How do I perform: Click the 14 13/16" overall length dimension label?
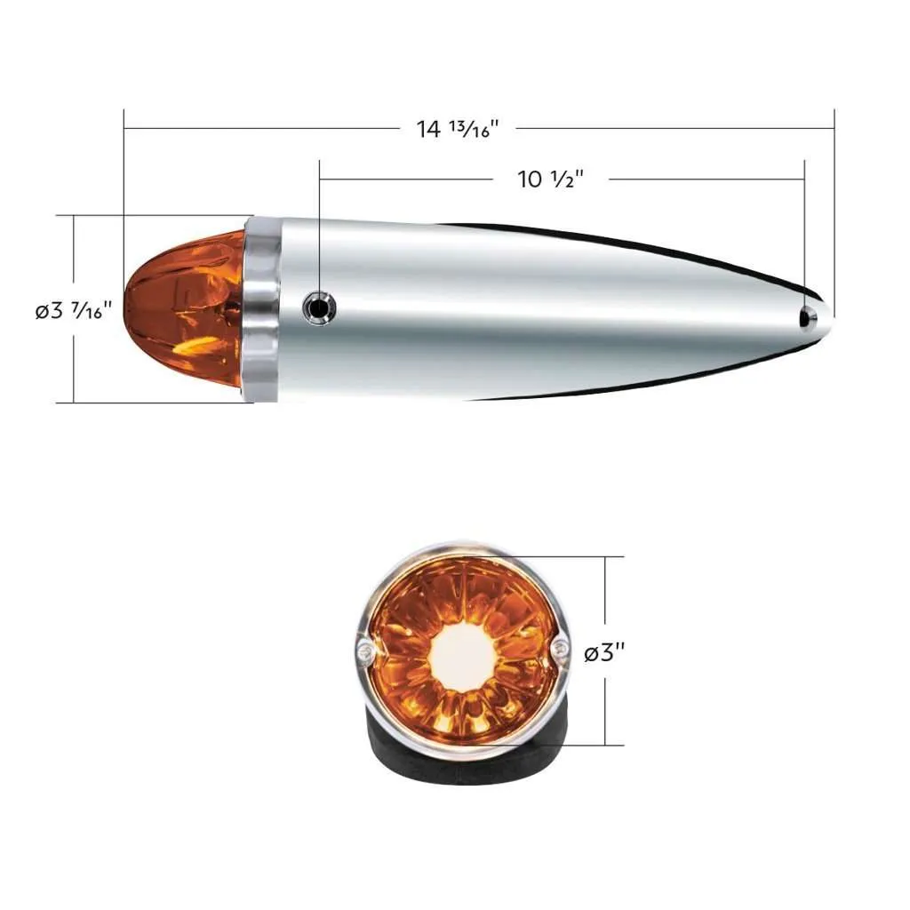pyautogui.click(x=458, y=129)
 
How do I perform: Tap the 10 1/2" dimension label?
pyautogui.click(x=550, y=180)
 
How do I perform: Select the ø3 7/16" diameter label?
pyautogui.click(x=73, y=310)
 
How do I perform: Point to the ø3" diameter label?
pyautogui.click(x=604, y=653)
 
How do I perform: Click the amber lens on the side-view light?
pyautogui.click(x=185, y=309)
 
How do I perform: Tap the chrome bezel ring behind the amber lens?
pyautogui.click(x=261, y=309)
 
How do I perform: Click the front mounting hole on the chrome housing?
pyautogui.click(x=320, y=307)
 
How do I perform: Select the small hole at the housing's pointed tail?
pyautogui.click(x=808, y=317)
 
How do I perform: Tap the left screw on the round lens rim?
pyautogui.click(x=365, y=652)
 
